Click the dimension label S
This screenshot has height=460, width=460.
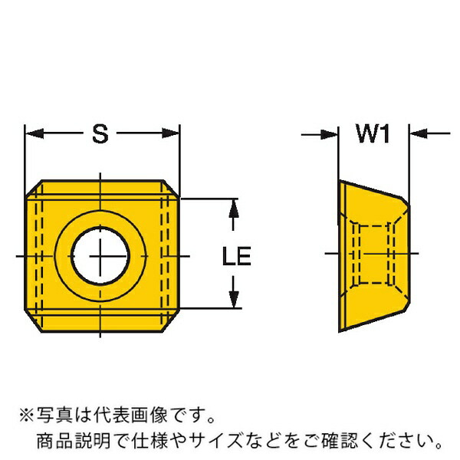click(x=100, y=133)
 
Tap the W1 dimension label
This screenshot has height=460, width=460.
click(x=373, y=133)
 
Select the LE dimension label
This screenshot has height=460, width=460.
click(x=237, y=256)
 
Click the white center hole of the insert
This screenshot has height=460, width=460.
click(x=100, y=256)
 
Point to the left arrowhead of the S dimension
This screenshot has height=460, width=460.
click(x=34, y=133)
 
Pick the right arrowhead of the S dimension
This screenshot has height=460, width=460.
click(x=171, y=133)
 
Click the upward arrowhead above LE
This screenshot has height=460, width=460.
click(x=234, y=209)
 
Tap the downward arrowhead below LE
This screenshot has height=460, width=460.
click(x=234, y=299)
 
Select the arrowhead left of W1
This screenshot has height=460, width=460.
click(x=330, y=135)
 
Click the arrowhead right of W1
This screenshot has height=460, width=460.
click(x=419, y=133)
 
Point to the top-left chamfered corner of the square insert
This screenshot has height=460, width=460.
click(x=33, y=188)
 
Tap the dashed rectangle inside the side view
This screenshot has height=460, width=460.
click(x=373, y=255)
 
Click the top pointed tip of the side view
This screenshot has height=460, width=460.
click(x=340, y=180)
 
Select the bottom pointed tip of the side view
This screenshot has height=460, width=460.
click(x=340, y=331)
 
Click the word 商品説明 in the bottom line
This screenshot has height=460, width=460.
click(x=74, y=442)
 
